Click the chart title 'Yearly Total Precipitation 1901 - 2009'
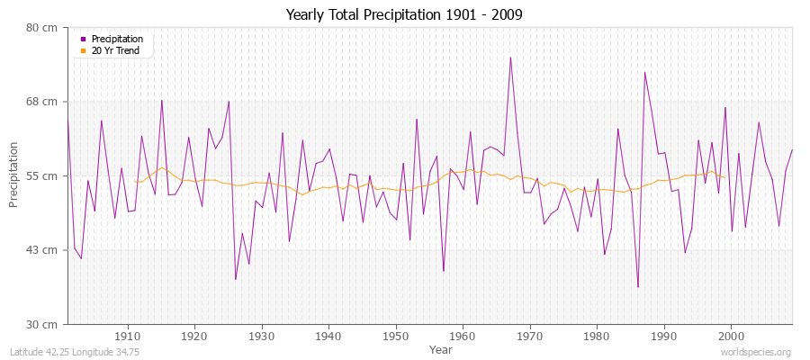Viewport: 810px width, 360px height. pos(404,14)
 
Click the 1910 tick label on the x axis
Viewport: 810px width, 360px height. pos(127,336)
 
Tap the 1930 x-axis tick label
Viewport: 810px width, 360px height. pos(261,336)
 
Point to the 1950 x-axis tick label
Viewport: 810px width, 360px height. pos(395,336)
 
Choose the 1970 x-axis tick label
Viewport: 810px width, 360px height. pos(529,336)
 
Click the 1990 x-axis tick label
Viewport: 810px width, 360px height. pos(663,336)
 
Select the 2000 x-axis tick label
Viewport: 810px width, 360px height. pos(731,336)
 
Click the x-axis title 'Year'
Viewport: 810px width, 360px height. pos(441,349)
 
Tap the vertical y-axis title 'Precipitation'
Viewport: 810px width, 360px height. pos(13,175)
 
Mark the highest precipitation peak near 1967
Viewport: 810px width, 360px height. pos(510,58)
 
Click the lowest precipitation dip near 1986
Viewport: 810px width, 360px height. pos(638,287)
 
